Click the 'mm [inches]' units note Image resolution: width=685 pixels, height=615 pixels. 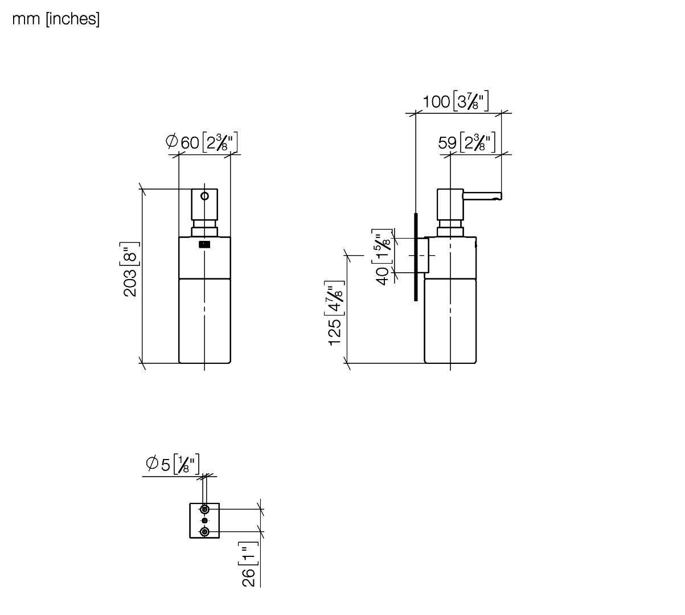56,19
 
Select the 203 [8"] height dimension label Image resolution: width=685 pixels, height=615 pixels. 130,269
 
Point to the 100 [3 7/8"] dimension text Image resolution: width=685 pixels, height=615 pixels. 456,101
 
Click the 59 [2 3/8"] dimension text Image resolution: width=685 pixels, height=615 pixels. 466,142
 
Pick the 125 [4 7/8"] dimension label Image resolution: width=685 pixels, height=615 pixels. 335,313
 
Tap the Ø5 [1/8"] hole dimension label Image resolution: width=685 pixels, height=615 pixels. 173,464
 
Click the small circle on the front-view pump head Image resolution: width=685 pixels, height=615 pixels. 204,196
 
